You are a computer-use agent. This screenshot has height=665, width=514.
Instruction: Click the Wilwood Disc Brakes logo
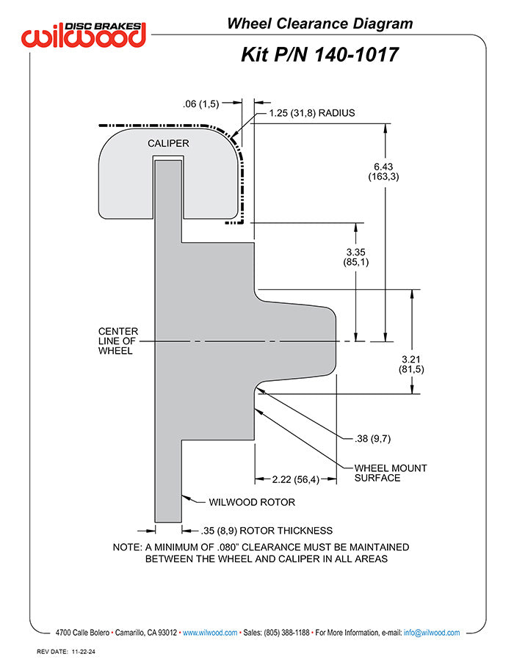tap(84, 34)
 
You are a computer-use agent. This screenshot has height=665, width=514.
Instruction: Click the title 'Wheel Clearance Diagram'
tap(319, 23)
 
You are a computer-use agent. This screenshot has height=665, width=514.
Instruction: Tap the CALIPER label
tap(168, 143)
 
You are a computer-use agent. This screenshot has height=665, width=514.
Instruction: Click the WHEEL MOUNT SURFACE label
tap(391, 473)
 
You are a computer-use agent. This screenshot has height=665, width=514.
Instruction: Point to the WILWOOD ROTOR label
tap(252, 502)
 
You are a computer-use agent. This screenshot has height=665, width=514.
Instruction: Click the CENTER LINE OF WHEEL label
tap(118, 341)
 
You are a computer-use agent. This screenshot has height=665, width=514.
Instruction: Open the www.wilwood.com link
tap(210, 633)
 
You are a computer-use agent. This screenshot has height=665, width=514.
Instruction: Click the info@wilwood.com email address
tap(432, 633)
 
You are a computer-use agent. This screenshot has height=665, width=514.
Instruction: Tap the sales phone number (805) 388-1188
tap(286, 633)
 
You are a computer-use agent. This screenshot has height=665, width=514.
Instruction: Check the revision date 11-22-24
tap(83, 652)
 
